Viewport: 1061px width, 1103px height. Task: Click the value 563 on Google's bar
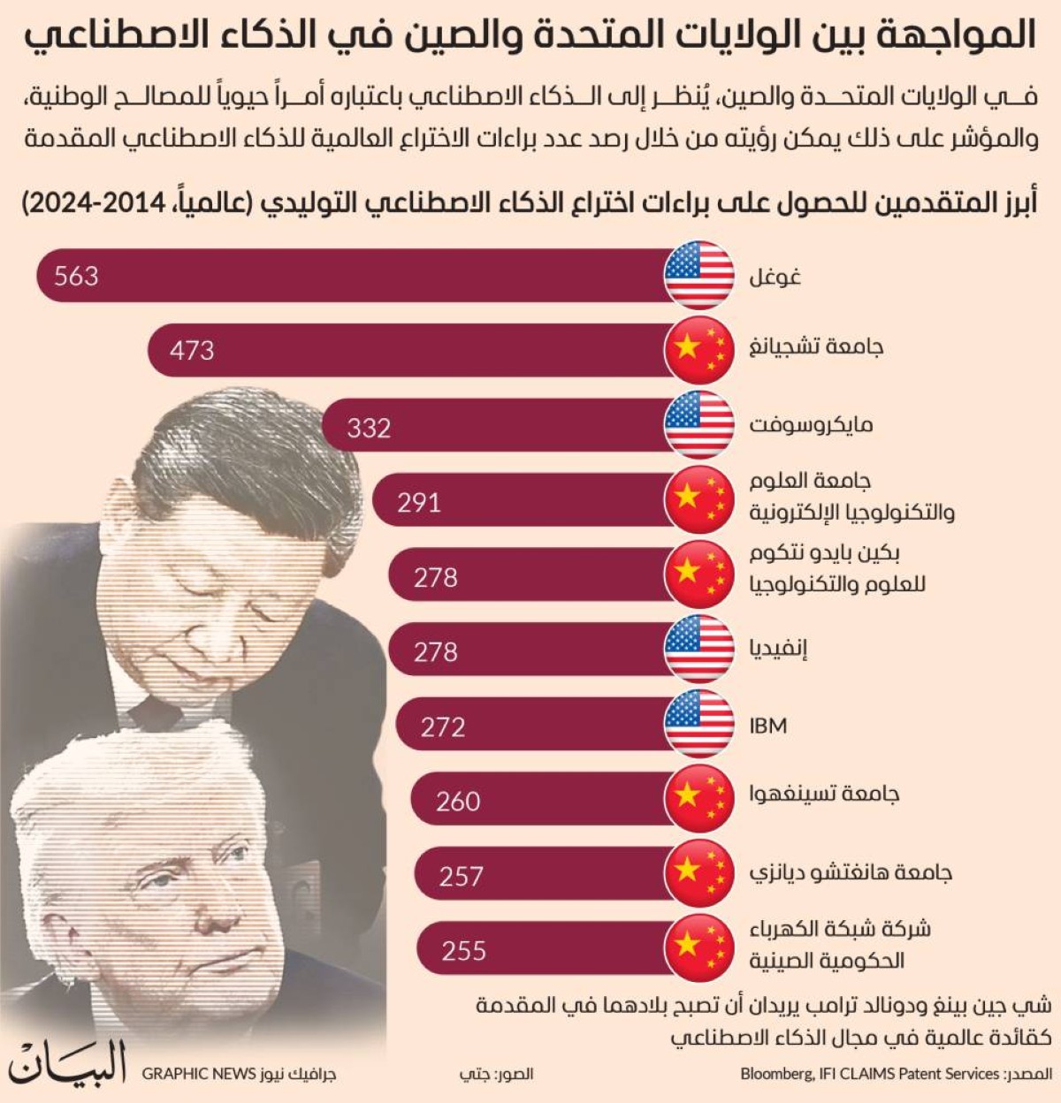pyautogui.click(x=76, y=276)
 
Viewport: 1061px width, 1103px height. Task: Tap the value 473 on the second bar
pyautogui.click(x=192, y=350)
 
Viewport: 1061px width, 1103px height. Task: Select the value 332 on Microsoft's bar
pyautogui.click(x=369, y=428)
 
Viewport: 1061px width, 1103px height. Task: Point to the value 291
pyautogui.click(x=419, y=502)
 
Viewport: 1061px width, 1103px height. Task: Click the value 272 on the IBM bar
pyautogui.click(x=443, y=726)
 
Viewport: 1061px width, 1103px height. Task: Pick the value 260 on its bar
pyautogui.click(x=458, y=801)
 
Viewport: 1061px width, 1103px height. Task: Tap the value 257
pyautogui.click(x=461, y=876)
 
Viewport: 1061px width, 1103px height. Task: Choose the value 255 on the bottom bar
pyautogui.click(x=464, y=950)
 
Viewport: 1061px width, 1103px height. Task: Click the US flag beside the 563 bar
pyautogui.click(x=699, y=275)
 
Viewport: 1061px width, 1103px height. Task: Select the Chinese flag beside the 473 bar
pyautogui.click(x=699, y=349)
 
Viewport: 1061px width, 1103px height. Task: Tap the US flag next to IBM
pyautogui.click(x=699, y=725)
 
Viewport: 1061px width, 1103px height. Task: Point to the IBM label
pyautogui.click(x=767, y=726)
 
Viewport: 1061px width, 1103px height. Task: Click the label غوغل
pyautogui.click(x=775, y=277)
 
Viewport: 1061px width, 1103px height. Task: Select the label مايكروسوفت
pyautogui.click(x=811, y=425)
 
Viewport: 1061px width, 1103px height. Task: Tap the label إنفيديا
pyautogui.click(x=778, y=650)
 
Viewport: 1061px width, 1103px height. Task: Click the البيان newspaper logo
pyautogui.click(x=69, y=1062)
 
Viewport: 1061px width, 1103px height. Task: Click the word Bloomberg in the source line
pyautogui.click(x=775, y=1074)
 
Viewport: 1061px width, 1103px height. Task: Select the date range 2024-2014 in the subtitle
pyautogui.click(x=95, y=202)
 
